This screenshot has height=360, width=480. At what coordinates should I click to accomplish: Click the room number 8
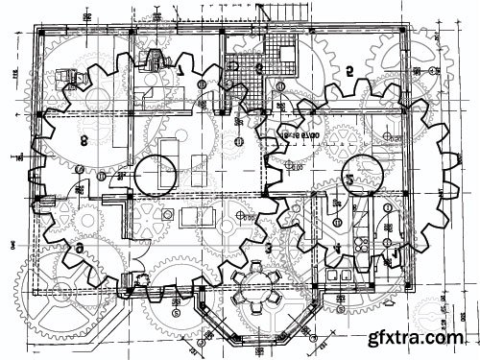tap(84, 140)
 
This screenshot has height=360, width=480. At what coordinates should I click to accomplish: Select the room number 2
tap(349, 69)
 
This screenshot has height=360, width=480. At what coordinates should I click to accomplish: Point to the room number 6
tap(79, 248)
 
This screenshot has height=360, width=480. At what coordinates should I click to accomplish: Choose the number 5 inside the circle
tap(350, 180)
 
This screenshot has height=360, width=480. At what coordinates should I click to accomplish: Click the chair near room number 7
tap(153, 60)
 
